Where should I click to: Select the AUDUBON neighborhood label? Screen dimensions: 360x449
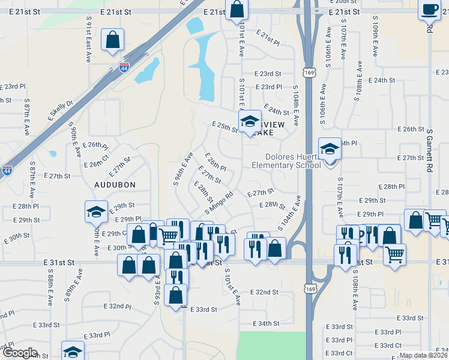115,185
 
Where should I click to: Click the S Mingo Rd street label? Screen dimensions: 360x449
218,202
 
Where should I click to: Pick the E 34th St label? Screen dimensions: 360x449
266,323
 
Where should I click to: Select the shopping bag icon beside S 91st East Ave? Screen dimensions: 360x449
112,40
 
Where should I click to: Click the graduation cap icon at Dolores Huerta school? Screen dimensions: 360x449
329,149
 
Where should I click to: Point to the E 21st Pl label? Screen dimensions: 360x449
268,38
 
